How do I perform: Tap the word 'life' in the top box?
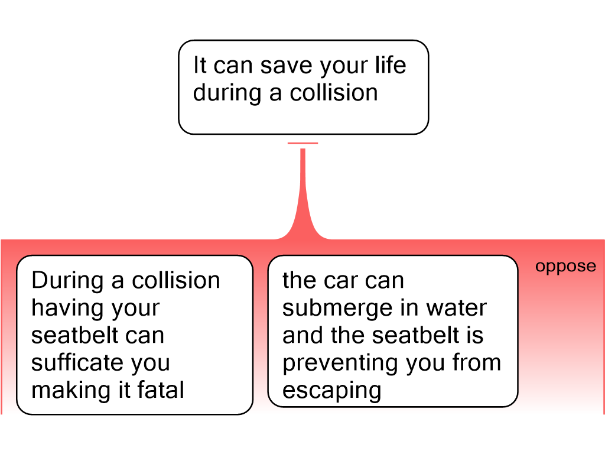click(x=388, y=65)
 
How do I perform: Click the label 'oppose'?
click(x=565, y=267)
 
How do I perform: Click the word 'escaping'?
click(x=331, y=391)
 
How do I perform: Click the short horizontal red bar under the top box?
click(x=302, y=143)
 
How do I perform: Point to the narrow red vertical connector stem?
click(x=303, y=183)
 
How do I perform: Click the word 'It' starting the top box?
click(x=200, y=66)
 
